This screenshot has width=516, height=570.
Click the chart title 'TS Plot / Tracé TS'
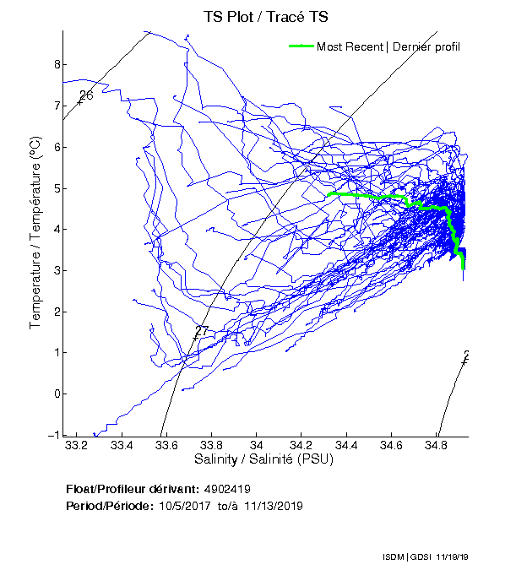coord(265,16)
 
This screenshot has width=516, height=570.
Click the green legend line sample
coord(301,46)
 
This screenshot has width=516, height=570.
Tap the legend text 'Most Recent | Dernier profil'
coord(388,46)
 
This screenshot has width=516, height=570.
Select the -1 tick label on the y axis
coord(54,435)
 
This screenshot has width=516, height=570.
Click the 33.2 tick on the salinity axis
coord(77,446)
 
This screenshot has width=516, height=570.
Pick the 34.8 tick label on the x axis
coord(437,446)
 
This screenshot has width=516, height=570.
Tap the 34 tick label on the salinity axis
coord(257,446)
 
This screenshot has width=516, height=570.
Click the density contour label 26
coord(84,95)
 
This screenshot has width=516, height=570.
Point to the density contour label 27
coord(200,331)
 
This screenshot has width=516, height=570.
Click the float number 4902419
coord(227,489)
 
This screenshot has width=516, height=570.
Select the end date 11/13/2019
coord(273,506)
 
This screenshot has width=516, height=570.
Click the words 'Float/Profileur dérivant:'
coord(132,489)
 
